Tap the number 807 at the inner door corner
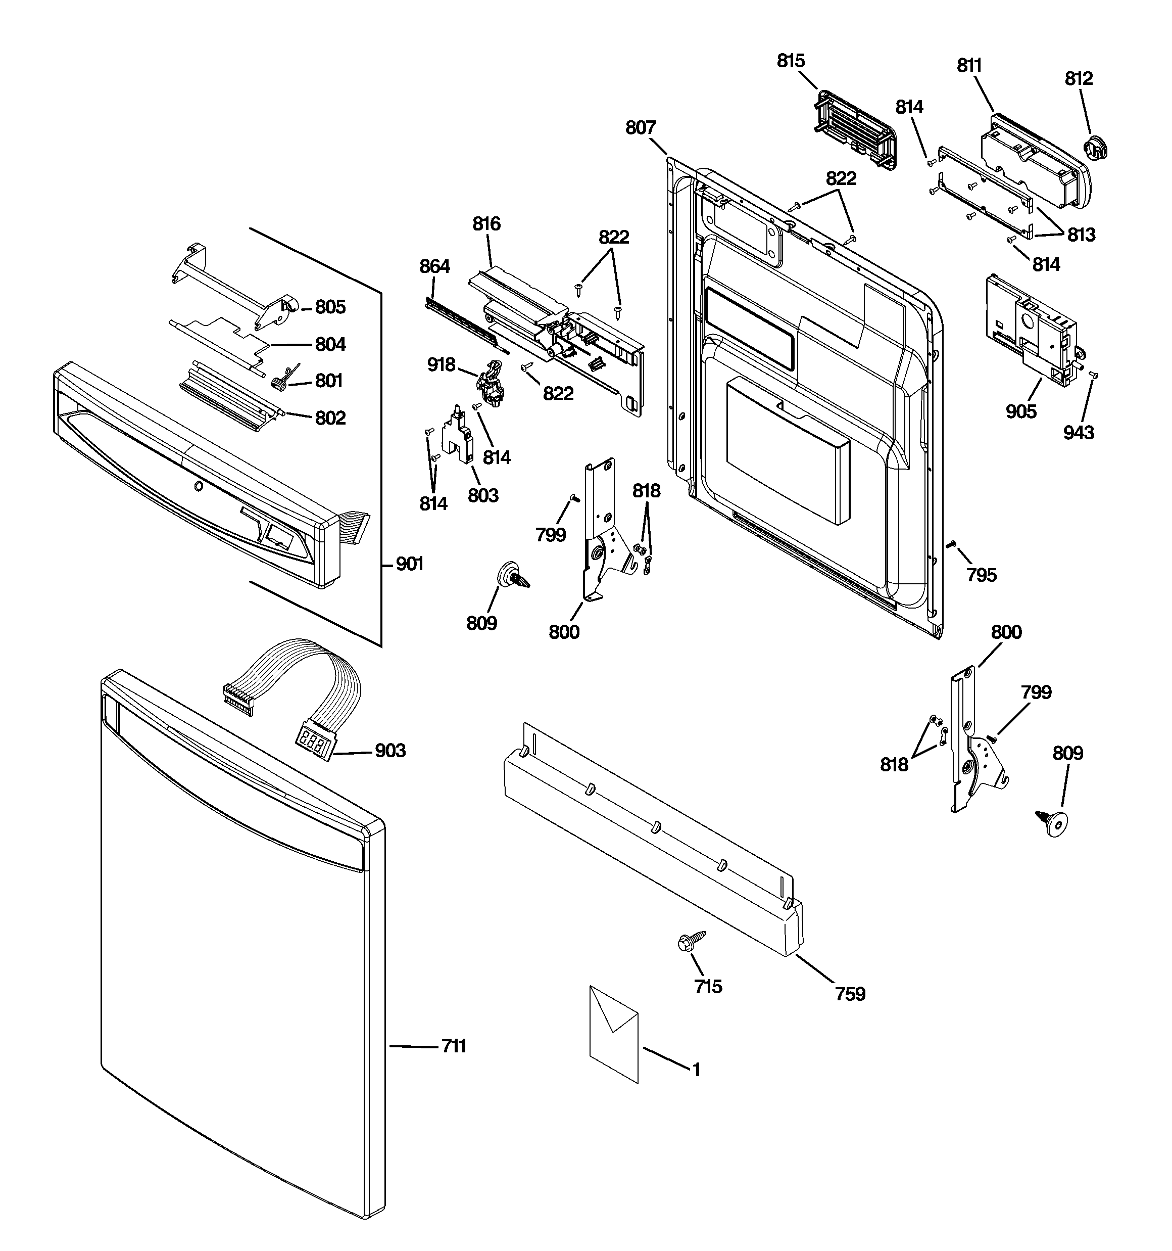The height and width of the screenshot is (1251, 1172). (641, 128)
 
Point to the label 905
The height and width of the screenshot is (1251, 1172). (1020, 411)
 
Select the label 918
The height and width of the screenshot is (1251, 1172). (441, 364)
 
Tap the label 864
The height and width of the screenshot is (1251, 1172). (435, 267)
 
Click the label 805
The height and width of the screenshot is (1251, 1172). (330, 307)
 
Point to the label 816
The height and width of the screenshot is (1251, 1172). (486, 223)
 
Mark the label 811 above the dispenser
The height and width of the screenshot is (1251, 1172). (969, 65)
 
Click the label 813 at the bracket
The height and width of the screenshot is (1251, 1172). (1081, 235)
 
